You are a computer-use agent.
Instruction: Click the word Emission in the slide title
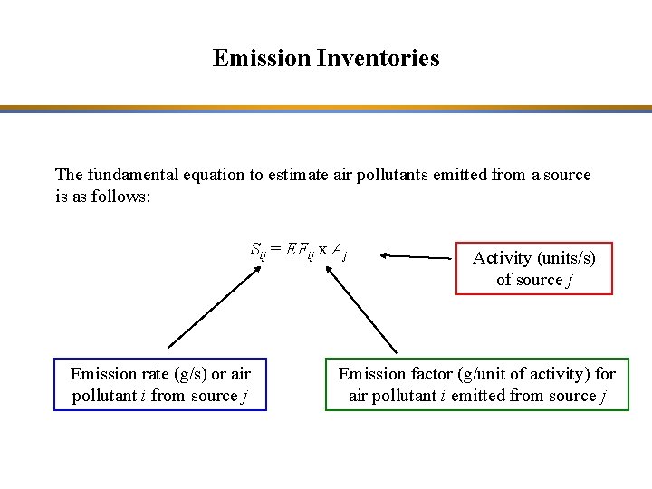(x=263, y=59)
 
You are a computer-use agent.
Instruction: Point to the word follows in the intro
(x=123, y=196)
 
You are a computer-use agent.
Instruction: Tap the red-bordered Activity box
(x=533, y=268)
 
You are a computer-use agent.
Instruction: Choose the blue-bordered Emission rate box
(x=160, y=385)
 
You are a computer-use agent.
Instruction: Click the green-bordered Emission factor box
(x=476, y=385)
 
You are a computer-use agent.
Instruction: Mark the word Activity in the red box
(x=502, y=258)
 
